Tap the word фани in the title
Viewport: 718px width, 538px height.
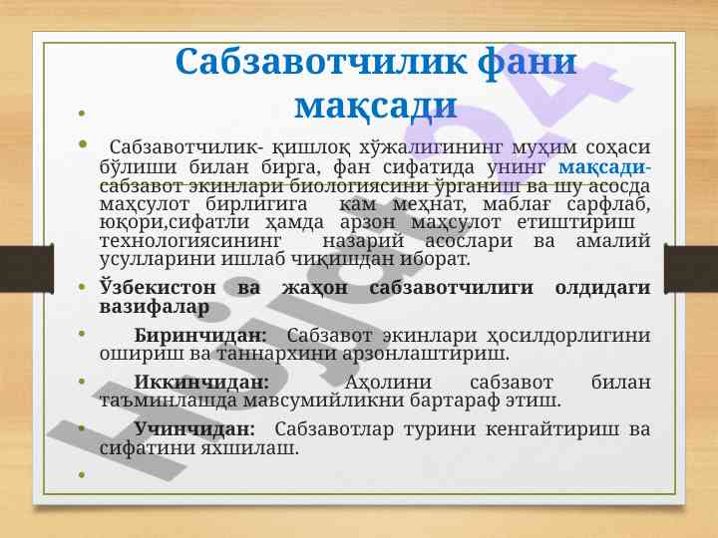(x=527, y=63)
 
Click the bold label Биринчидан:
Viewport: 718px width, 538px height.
(x=200, y=336)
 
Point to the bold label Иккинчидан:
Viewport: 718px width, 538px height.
(x=201, y=382)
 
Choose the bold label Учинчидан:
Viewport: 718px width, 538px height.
(x=194, y=429)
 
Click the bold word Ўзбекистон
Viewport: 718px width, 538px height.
(x=158, y=288)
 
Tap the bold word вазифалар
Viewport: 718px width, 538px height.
(x=155, y=307)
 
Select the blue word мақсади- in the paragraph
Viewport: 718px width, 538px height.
(x=604, y=168)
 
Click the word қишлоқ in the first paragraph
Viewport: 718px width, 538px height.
(x=311, y=148)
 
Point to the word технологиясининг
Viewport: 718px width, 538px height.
(x=190, y=241)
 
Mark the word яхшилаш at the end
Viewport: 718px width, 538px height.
(x=250, y=448)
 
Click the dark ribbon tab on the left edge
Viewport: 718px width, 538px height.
(x=27, y=269)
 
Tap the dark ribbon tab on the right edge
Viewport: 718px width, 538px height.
(x=691, y=269)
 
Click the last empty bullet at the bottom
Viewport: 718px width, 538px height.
(x=82, y=475)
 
